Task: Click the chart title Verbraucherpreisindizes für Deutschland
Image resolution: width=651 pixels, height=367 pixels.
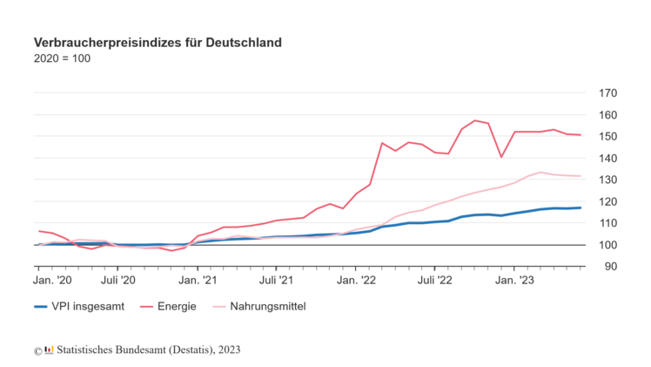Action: pos(157,42)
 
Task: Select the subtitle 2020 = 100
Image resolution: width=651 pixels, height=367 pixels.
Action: pos(62,59)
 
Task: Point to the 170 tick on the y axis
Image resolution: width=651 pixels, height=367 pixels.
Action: pos(607,93)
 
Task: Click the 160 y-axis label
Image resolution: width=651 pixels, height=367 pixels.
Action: pos(607,115)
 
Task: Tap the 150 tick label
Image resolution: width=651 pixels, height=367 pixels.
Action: pos(607,137)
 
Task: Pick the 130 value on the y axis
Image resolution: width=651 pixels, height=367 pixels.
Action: pos(607,180)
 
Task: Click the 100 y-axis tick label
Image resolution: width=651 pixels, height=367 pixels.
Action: pos(607,245)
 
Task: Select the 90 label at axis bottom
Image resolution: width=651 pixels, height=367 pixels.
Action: pos(610,266)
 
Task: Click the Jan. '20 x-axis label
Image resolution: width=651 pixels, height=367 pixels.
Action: pos(53,280)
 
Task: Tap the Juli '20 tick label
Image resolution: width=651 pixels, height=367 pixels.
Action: pos(117,280)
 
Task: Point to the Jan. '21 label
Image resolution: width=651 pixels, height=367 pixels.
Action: pos(198,280)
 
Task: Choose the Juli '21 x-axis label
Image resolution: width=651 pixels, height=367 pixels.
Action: pos(276,280)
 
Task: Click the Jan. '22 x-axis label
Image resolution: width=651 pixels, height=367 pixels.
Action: pos(356,280)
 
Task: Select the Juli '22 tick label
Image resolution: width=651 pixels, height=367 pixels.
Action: pos(434,280)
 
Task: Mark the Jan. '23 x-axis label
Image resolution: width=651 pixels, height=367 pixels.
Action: pos(514,280)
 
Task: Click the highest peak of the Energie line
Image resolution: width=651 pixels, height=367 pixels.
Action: pos(474,120)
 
